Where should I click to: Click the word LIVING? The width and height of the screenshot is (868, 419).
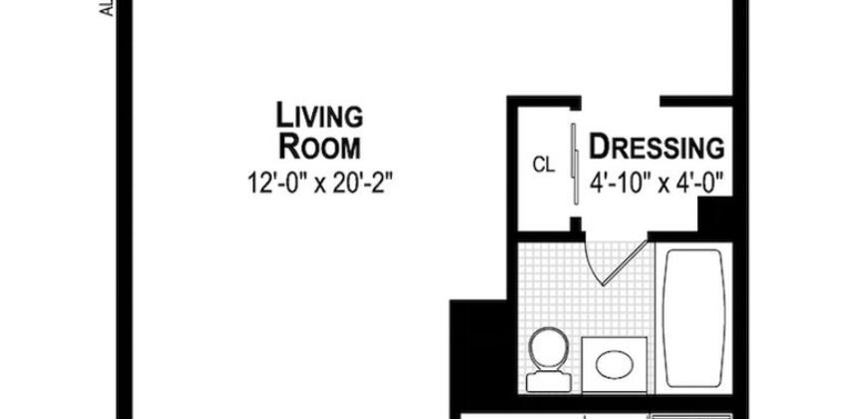click(x=319, y=116)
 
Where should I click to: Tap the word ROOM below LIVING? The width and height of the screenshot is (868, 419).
click(x=319, y=148)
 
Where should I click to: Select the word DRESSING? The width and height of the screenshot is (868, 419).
click(x=656, y=148)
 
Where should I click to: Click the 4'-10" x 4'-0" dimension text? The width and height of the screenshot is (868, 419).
click(x=655, y=183)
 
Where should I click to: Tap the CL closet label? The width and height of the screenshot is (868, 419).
click(x=543, y=163)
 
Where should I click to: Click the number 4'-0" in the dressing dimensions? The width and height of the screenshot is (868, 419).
click(x=699, y=183)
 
